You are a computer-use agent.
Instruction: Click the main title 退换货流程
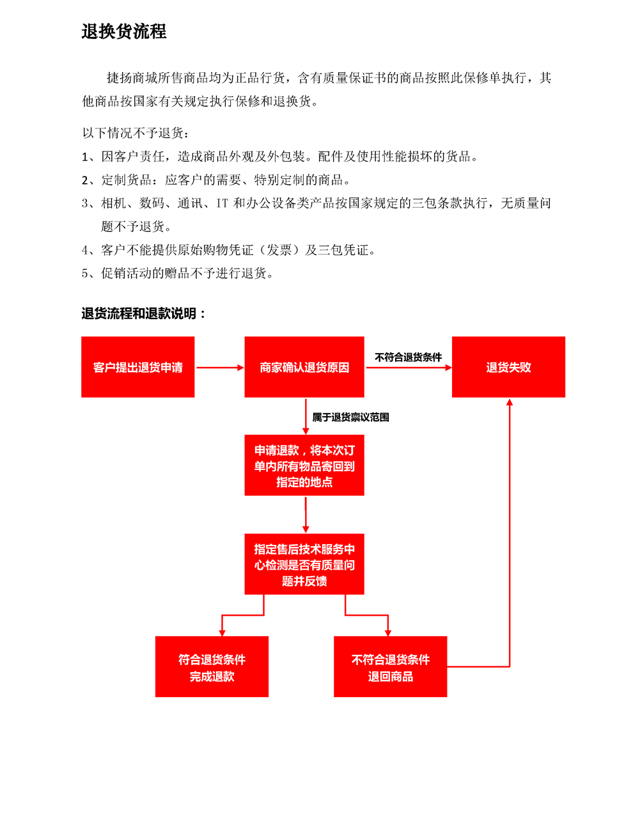(x=124, y=31)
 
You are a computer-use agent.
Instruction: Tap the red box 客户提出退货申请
(x=138, y=367)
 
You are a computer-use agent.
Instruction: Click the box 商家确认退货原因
(x=304, y=367)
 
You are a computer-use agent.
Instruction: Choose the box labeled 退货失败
(x=508, y=367)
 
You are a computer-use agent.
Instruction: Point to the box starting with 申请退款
(x=304, y=465)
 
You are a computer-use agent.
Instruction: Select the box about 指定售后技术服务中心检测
(x=304, y=564)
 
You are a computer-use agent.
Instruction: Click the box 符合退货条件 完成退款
(x=212, y=666)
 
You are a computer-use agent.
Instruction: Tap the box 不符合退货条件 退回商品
(x=391, y=666)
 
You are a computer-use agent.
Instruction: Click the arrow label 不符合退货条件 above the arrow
(x=408, y=357)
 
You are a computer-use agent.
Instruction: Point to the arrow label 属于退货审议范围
(x=350, y=417)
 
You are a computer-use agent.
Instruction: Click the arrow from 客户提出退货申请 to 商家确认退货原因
(x=220, y=368)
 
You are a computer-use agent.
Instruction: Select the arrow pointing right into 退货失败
(x=409, y=368)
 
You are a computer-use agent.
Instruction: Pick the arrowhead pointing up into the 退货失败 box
(x=510, y=402)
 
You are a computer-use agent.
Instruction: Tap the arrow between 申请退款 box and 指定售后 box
(x=306, y=515)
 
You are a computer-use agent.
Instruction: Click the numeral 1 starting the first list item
(x=85, y=157)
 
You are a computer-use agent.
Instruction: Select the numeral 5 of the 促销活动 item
(x=85, y=273)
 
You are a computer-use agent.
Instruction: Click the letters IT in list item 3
(x=223, y=203)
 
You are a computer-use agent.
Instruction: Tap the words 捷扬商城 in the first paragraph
(x=132, y=78)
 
